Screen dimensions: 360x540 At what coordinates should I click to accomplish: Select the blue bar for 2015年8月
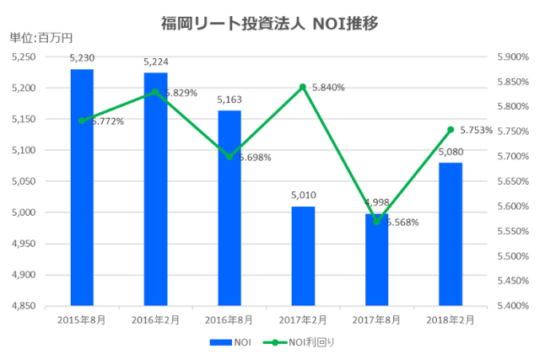(x=82, y=186)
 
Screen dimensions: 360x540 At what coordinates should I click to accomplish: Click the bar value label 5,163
(x=229, y=99)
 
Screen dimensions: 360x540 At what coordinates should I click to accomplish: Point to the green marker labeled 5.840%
(x=303, y=87)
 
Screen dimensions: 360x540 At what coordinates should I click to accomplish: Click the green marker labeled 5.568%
(x=377, y=222)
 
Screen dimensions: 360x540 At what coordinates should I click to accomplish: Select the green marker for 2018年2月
(x=451, y=130)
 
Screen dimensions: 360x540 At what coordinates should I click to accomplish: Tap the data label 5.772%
(x=107, y=121)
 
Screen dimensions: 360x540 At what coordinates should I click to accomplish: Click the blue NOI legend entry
(x=230, y=342)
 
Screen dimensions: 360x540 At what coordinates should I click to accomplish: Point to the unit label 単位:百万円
(x=41, y=37)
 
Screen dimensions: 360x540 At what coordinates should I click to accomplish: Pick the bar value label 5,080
(x=451, y=152)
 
